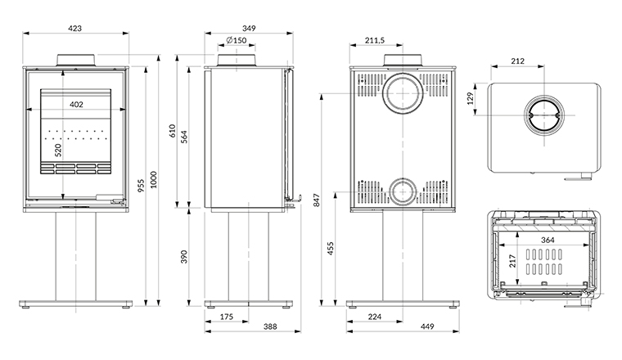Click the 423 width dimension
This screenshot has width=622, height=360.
pyautogui.click(x=74, y=28)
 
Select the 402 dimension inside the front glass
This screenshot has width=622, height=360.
pyautogui.click(x=75, y=105)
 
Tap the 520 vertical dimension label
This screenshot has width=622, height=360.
pyautogui.click(x=58, y=151)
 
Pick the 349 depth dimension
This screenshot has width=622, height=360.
pyautogui.click(x=249, y=28)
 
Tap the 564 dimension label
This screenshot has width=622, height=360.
pyautogui.click(x=184, y=137)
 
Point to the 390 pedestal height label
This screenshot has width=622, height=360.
pyautogui.click(x=184, y=256)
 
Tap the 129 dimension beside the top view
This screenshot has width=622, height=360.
pyautogui.click(x=471, y=98)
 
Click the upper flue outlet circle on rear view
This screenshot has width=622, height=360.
pyautogui.click(x=401, y=93)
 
